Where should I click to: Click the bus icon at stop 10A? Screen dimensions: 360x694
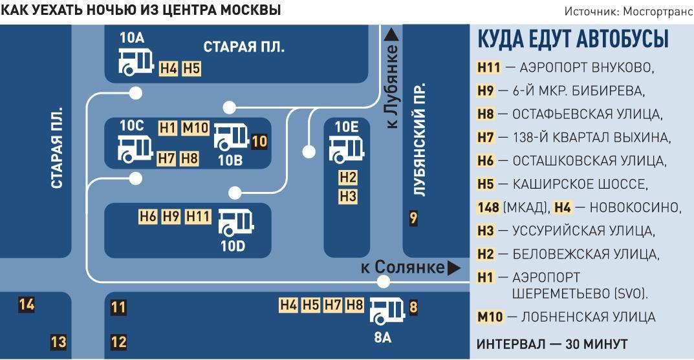point(135,61)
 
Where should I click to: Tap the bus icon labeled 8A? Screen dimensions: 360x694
point(386,312)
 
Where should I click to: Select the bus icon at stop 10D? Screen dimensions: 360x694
point(235,223)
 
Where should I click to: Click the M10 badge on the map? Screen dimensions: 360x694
point(195,128)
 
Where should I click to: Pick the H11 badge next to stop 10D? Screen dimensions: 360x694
point(198,217)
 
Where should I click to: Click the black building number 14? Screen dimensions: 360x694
point(27,304)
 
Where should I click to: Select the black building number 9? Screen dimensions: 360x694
point(413,218)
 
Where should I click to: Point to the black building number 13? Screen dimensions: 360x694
point(58,342)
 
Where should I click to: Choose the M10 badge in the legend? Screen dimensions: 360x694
point(490,317)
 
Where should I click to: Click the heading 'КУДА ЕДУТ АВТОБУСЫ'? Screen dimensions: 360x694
point(572,39)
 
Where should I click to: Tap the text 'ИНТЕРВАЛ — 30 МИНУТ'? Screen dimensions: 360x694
point(552,344)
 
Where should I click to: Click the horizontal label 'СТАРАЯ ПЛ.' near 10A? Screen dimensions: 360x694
point(244,47)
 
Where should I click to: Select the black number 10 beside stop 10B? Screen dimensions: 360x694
point(259,141)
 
